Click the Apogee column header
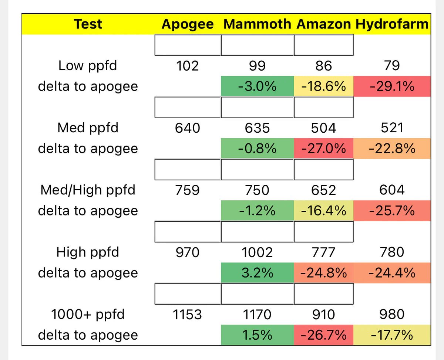[x=188, y=24]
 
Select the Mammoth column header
[x=257, y=24]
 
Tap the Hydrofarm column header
[x=392, y=24]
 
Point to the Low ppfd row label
[x=88, y=66]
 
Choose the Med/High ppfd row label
[x=88, y=190]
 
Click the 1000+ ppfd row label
[x=88, y=315]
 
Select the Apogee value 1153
[x=187, y=315]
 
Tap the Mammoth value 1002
[x=257, y=252]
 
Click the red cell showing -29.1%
[x=392, y=86]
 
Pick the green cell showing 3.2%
[x=257, y=273]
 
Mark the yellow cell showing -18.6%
[x=324, y=86]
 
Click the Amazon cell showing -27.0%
[x=324, y=149]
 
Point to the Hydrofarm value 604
[x=392, y=190]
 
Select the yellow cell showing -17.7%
[x=392, y=335]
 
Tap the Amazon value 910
[x=324, y=315]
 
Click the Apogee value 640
[x=187, y=128]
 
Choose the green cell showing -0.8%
[x=257, y=149]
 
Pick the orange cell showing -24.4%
[x=392, y=273]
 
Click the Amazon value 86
[x=324, y=66]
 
